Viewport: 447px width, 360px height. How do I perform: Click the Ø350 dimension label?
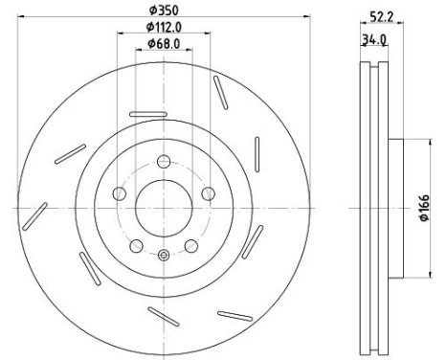point(164,11)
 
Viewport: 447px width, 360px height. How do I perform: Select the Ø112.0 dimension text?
point(164,27)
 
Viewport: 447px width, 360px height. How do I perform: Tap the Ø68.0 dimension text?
point(164,43)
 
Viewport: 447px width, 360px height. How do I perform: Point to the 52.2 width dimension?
point(381,17)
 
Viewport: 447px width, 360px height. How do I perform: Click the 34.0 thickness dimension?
point(374,40)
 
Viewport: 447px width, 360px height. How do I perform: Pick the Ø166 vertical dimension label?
point(424,208)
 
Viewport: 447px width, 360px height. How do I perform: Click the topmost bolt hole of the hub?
point(164,162)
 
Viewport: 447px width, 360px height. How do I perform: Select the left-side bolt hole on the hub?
point(120,193)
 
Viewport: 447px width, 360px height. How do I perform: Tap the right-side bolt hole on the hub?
point(209,193)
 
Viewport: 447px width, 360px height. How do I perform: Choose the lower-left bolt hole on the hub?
point(136,246)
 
